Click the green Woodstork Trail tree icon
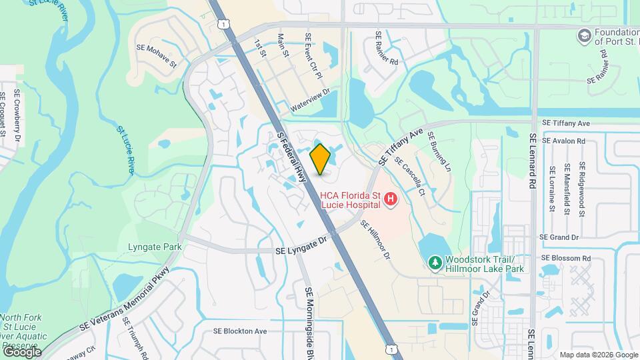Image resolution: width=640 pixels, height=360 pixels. (x=435, y=263)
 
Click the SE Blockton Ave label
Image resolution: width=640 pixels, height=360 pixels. (x=240, y=331)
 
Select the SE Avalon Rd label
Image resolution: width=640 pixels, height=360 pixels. (x=563, y=141)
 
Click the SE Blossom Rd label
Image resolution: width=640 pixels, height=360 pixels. (x=566, y=258)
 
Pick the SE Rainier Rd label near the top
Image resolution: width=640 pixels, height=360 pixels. (x=386, y=49)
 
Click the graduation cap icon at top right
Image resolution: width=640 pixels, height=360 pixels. (x=585, y=35)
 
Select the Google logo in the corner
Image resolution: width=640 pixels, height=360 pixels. (x=21, y=351)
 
